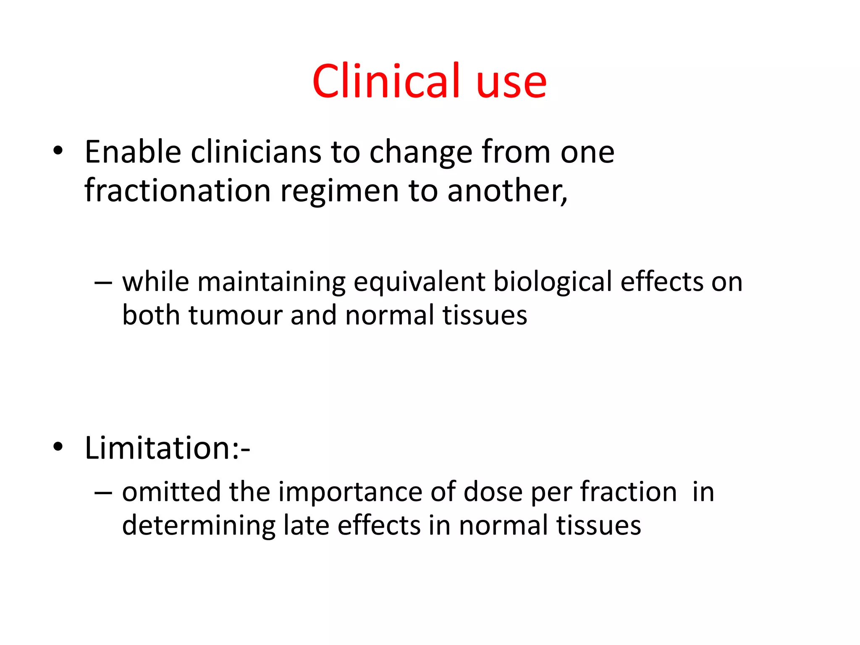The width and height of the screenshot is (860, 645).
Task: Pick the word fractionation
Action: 177,191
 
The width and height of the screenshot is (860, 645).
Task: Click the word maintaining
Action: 272,282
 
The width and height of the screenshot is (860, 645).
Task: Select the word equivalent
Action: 420,282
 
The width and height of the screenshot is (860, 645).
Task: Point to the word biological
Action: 553,282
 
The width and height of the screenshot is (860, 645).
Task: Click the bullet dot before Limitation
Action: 58,447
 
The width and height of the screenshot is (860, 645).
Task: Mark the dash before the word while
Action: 103,283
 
